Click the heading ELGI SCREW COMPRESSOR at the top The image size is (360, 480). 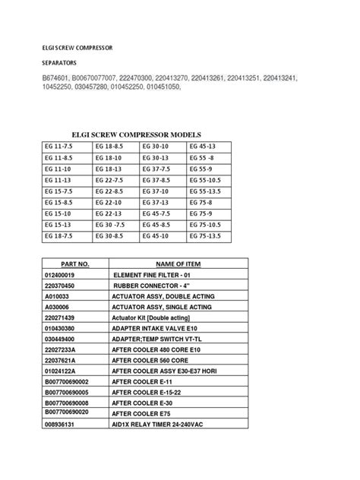tap(77, 47)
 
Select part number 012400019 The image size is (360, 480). tap(59, 274)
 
